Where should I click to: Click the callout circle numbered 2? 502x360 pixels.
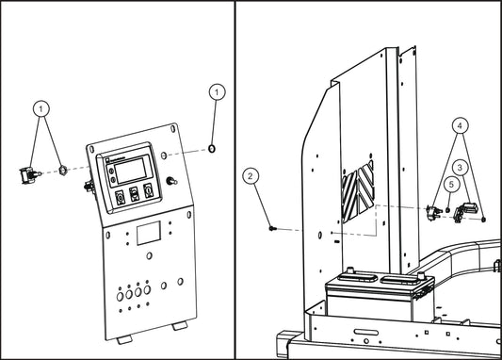[x=251, y=175]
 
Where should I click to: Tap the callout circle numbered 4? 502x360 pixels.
[x=459, y=124]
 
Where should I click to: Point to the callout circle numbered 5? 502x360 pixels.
[x=452, y=185]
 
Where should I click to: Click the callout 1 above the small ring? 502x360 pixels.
[x=217, y=92]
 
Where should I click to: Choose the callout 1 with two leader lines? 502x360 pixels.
[x=41, y=108]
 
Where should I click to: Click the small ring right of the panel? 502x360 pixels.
[x=213, y=149]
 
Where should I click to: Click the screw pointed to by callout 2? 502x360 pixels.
[x=271, y=227]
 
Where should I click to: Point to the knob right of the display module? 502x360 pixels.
[x=171, y=179]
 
